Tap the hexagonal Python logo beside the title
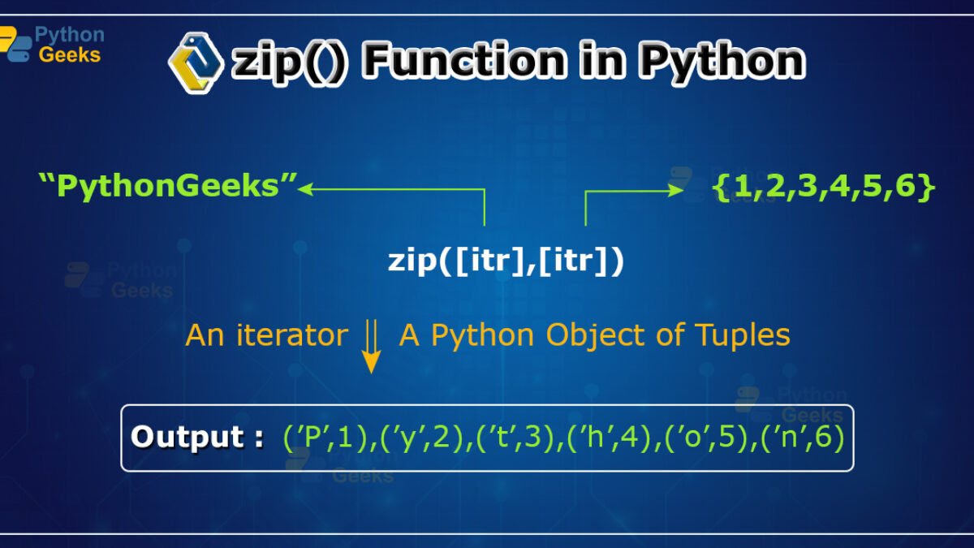pyautogui.click(x=196, y=63)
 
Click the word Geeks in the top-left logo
pyautogui.click(x=70, y=55)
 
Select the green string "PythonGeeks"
pyautogui.click(x=168, y=186)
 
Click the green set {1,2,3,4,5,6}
pyautogui.click(x=823, y=187)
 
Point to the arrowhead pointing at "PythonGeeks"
pyautogui.click(x=305, y=189)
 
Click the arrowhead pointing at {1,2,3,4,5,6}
pyautogui.click(x=675, y=190)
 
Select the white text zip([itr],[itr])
pyautogui.click(x=506, y=261)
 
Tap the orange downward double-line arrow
pyautogui.click(x=372, y=346)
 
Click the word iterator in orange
pyautogui.click(x=291, y=335)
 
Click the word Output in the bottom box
pyautogui.click(x=187, y=437)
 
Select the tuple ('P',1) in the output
pyautogui.click(x=326, y=437)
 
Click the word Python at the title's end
pyautogui.click(x=722, y=63)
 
